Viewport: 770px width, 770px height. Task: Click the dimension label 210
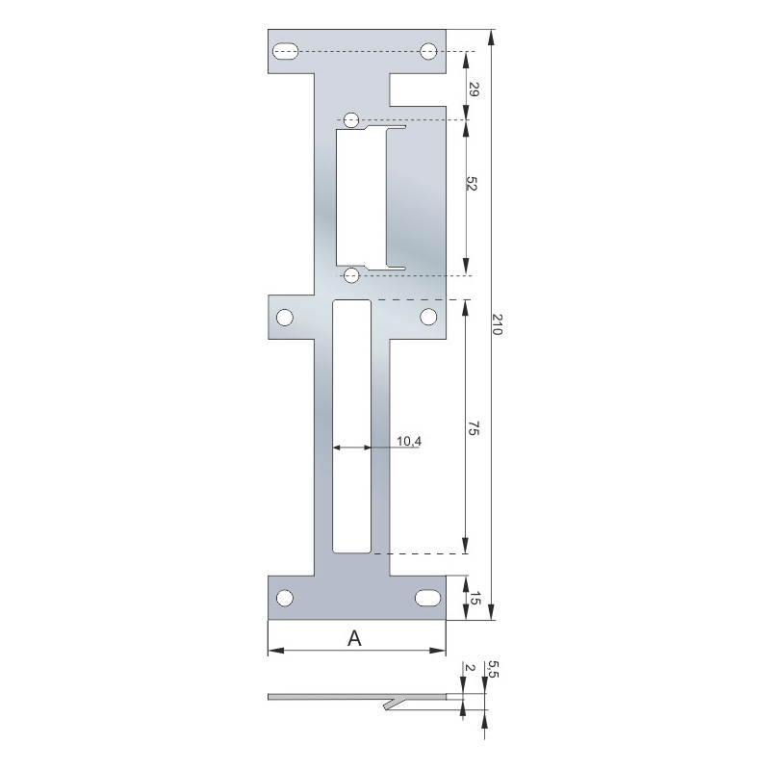pos(497,324)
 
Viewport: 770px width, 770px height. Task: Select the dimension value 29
pos(473,90)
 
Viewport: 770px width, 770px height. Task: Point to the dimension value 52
pos(472,183)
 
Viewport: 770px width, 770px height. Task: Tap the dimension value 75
pos(473,427)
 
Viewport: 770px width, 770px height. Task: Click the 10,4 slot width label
pos(408,441)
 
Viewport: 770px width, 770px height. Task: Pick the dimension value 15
pos(475,598)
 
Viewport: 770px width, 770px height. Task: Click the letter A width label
pos(354,638)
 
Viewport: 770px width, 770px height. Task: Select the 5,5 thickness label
pos(493,669)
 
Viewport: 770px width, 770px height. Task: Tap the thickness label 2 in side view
pos(470,668)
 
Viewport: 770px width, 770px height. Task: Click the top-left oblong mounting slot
pos(286,52)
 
